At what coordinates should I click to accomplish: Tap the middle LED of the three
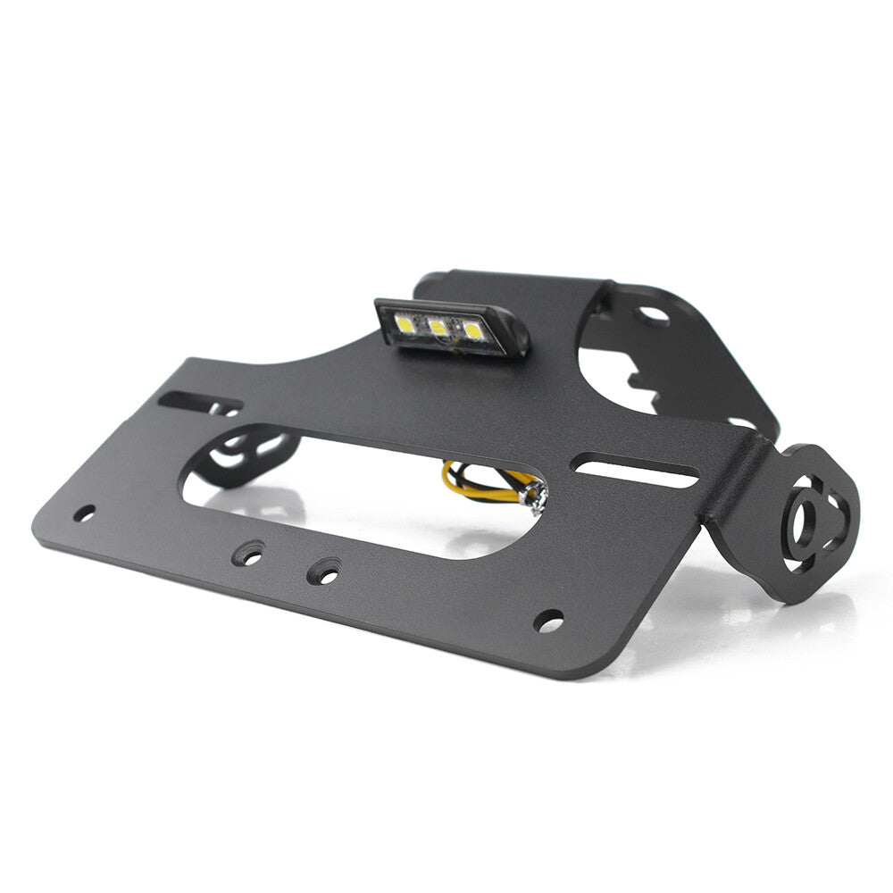click(438, 328)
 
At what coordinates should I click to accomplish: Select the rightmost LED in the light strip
click(472, 331)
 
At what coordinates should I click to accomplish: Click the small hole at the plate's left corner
click(84, 513)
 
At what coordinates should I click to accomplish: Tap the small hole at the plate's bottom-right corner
click(548, 620)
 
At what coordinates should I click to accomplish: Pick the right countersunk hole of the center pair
click(325, 572)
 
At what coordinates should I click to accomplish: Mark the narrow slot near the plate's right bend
click(636, 472)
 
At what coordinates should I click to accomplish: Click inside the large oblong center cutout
click(375, 500)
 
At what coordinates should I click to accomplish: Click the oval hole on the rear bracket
click(653, 314)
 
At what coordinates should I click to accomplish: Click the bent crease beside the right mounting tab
click(734, 487)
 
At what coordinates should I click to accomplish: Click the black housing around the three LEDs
click(451, 346)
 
